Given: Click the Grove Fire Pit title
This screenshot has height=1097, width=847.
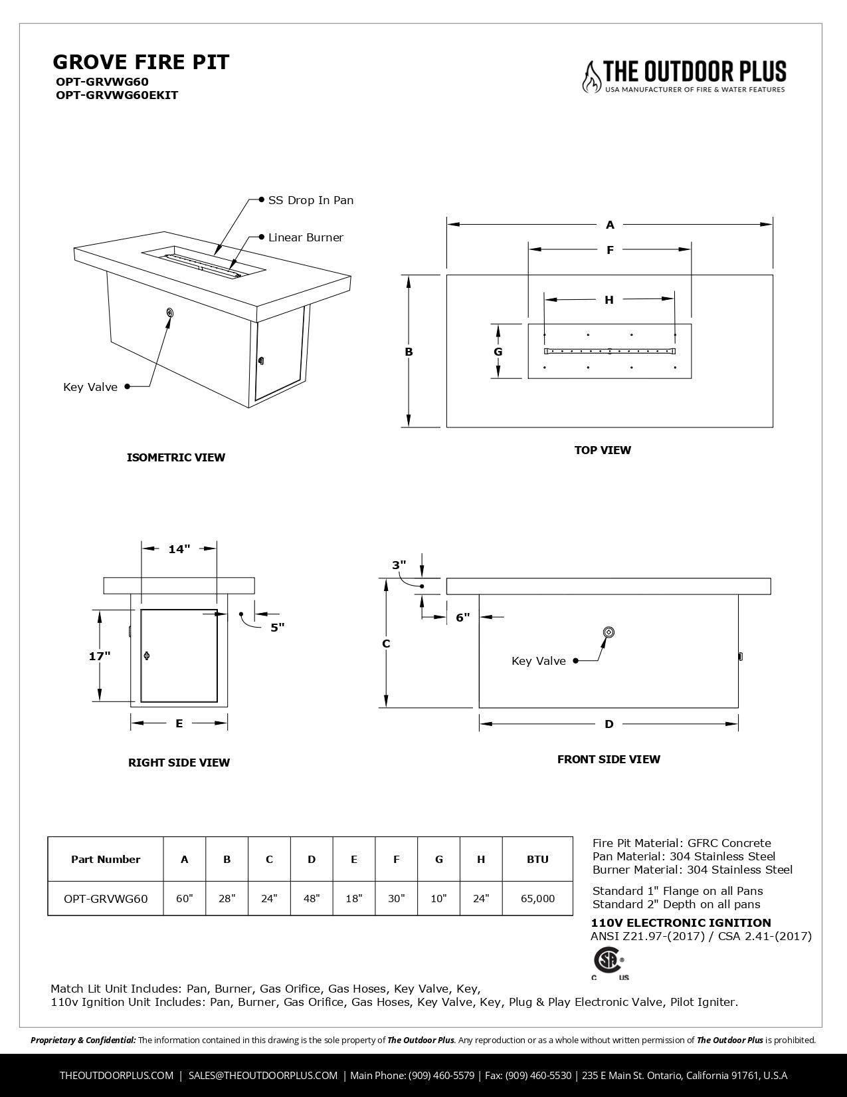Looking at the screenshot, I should [141, 62].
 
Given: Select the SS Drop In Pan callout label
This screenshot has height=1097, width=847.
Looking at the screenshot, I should [310, 200].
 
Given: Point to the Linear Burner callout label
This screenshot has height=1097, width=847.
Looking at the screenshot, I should [306, 237].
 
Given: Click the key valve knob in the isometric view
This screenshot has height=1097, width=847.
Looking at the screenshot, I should [170, 312].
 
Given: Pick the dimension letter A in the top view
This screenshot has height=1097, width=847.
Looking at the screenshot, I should [610, 225].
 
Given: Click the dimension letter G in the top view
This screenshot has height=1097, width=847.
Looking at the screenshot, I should [498, 352].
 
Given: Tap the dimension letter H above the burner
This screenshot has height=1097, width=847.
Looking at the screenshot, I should [609, 300].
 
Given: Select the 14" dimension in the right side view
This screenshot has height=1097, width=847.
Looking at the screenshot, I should [179, 549].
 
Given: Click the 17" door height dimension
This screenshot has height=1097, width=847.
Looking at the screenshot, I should [100, 656].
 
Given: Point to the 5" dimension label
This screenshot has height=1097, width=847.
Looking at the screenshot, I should [277, 627].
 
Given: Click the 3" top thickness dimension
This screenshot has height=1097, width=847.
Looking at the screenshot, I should [399, 565].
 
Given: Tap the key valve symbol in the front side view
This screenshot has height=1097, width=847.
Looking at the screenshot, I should [608, 632].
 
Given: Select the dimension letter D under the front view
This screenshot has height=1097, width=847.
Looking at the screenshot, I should [609, 724].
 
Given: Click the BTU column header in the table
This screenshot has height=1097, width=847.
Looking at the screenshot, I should [537, 859].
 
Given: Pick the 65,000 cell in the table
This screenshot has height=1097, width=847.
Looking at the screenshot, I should [537, 898].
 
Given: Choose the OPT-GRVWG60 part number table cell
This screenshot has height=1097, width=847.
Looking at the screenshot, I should [106, 898].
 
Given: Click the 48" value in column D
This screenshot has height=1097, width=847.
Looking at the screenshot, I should [312, 898].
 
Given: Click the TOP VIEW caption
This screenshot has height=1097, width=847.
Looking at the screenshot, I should [603, 450].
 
